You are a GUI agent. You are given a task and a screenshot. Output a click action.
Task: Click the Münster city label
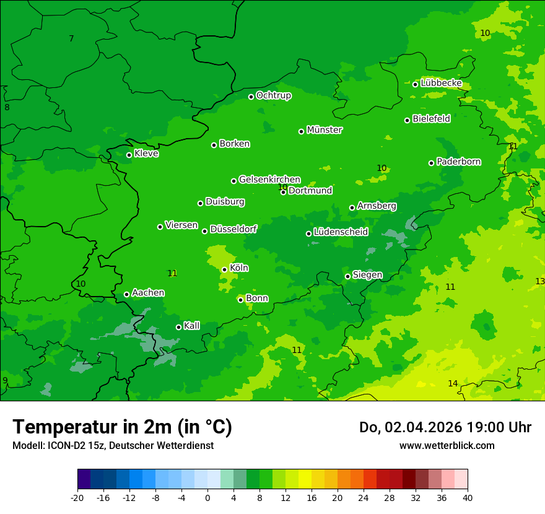click(325, 130)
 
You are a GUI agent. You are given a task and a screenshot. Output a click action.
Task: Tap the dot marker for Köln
click(224, 269)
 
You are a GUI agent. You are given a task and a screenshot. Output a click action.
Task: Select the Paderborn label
click(459, 162)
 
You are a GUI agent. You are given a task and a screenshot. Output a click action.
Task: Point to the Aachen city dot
click(126, 294)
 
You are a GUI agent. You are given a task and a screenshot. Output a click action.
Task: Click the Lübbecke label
click(441, 83)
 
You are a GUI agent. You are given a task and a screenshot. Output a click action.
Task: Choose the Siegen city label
click(367, 275)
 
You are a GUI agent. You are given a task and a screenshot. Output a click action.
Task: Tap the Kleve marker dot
click(129, 155)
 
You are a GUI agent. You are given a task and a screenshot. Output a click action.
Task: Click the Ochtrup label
click(273, 95)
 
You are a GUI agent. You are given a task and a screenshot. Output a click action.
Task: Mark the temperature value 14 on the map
click(453, 384)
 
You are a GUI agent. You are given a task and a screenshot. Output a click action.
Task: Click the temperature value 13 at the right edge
click(540, 281)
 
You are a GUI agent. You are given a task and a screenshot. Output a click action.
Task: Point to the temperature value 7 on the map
click(71, 39)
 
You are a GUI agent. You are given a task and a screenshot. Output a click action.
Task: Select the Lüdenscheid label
click(341, 232)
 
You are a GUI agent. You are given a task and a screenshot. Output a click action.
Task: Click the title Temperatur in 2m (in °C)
click(122, 427)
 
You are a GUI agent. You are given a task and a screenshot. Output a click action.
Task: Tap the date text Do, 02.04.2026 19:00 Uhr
click(445, 427)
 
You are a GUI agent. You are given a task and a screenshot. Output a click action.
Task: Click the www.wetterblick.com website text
click(447, 445)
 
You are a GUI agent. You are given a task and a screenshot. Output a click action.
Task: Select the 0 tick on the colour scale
click(207, 498)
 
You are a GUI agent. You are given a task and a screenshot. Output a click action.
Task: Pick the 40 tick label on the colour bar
click(467, 498)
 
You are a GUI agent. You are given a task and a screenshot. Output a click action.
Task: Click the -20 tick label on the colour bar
click(77, 498)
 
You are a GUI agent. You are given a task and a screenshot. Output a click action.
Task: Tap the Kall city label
click(192, 326)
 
